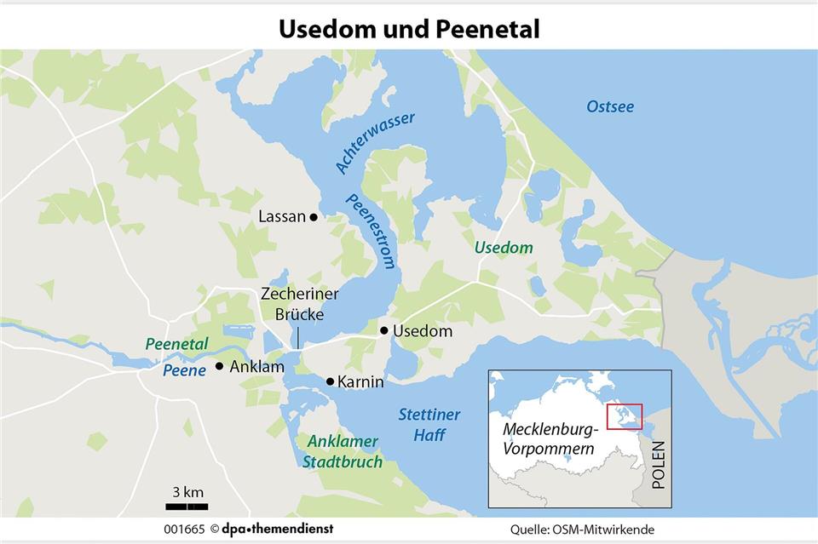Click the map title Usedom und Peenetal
coord(409,28)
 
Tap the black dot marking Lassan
coord(314,217)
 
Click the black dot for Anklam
coord(219,366)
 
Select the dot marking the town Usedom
coord(384,330)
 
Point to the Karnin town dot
coord(330,381)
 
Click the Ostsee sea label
coord(610,106)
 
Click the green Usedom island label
coord(503,248)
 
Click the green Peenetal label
coord(176,345)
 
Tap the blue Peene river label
coord(185,370)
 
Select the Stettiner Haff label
coord(429,424)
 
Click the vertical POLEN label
coord(657,466)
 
